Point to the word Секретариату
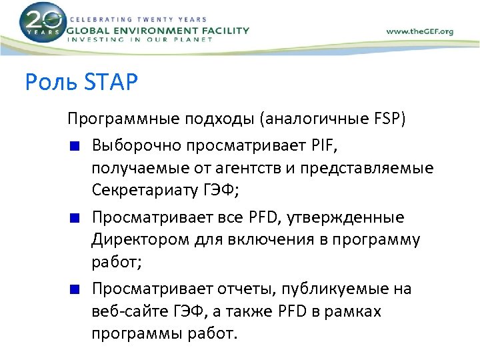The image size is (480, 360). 145,191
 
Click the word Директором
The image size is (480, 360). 133,239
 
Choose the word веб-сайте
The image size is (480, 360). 128,311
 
